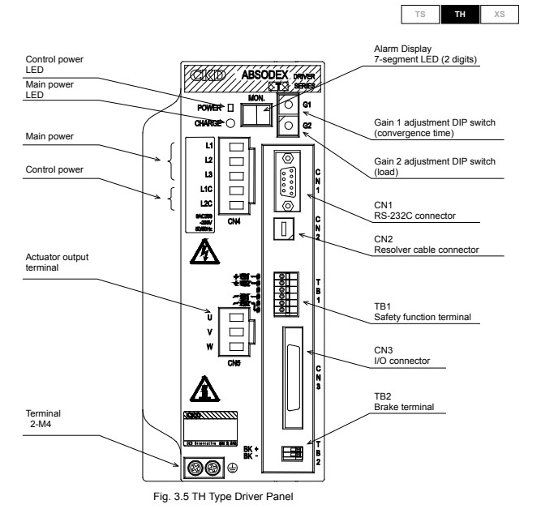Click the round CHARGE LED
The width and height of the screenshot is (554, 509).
[230, 123]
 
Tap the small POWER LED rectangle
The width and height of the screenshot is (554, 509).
[230, 107]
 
